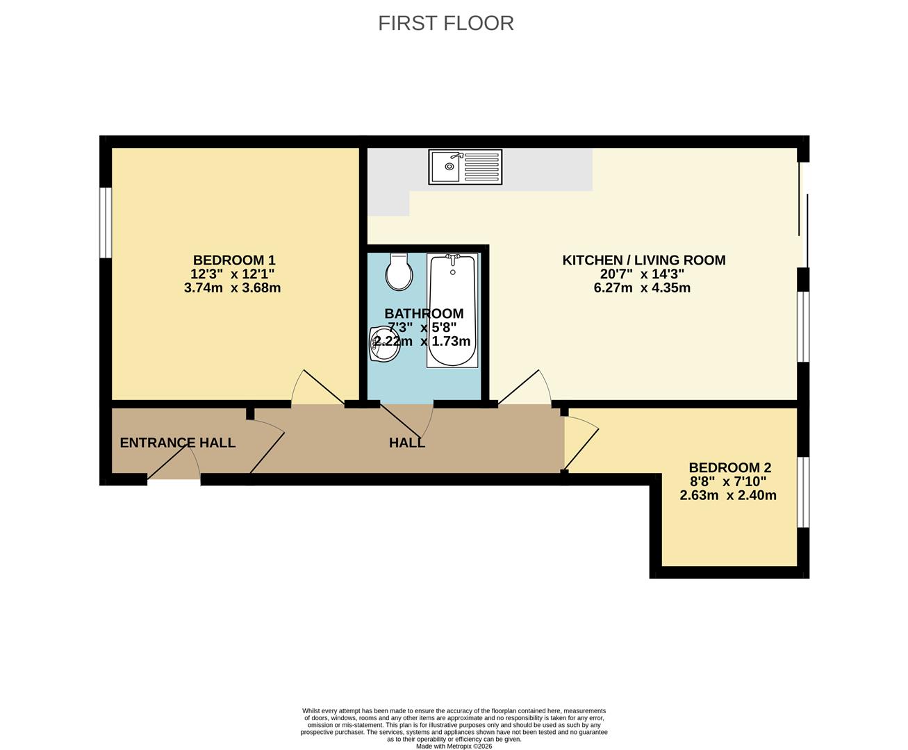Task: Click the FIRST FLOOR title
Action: [445, 23]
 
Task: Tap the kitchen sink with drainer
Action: [465, 167]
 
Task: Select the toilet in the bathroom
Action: [399, 272]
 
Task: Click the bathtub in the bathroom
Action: [452, 310]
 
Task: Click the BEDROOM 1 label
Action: [229, 260]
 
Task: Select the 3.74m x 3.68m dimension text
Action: [232, 287]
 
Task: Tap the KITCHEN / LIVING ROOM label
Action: [643, 260]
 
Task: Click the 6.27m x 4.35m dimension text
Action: [642, 287]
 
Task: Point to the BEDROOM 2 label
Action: [729, 468]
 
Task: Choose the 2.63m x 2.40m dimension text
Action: [727, 495]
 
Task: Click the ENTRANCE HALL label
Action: [177, 443]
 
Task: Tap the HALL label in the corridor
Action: [406, 443]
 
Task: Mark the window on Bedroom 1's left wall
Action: [106, 223]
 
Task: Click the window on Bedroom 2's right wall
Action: [802, 492]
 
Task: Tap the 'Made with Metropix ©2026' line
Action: [454, 747]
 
